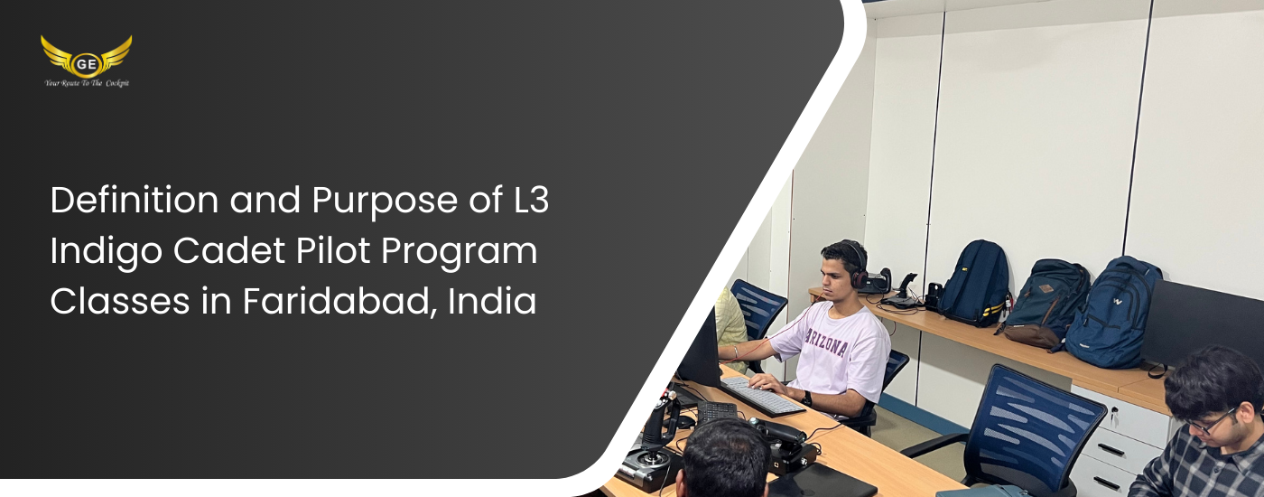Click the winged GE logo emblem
[87, 56]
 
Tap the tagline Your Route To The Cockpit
[87, 83]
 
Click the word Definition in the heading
[135, 200]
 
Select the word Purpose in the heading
[385, 201]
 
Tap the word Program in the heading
[459, 252]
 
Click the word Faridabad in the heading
[339, 302]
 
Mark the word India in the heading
[491, 301]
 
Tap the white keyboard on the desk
[762, 396]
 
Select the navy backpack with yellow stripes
[975, 284]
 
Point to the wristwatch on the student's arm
[807, 399]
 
